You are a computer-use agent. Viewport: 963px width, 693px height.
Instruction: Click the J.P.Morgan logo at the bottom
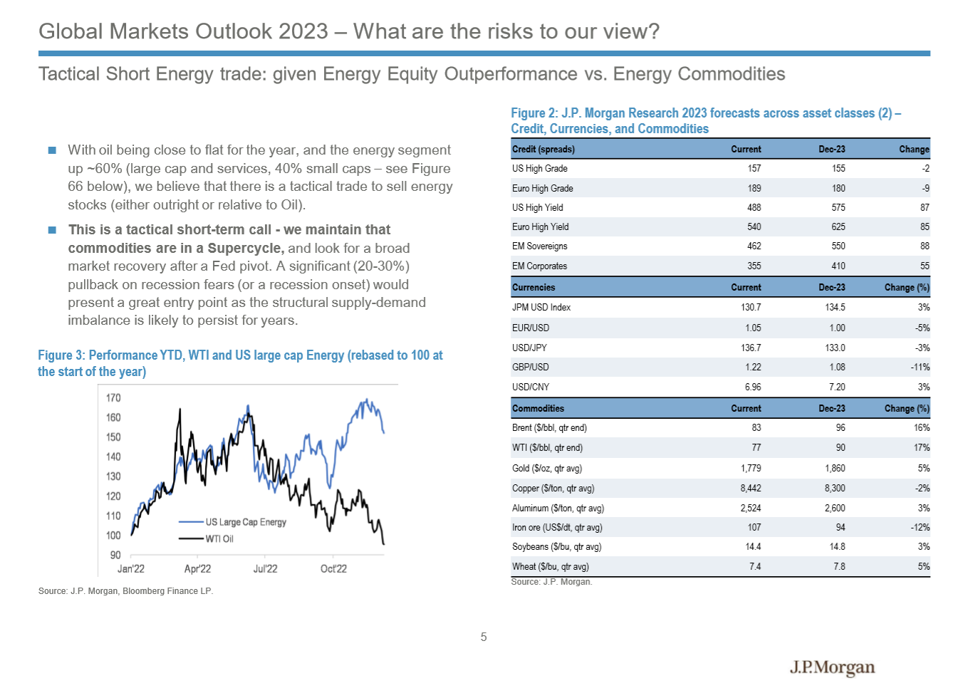click(x=832, y=667)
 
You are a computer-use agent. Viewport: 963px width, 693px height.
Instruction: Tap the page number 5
click(x=484, y=637)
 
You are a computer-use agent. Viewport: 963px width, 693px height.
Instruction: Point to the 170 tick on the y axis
click(x=113, y=397)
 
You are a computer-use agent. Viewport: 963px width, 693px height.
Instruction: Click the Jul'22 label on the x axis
click(x=265, y=568)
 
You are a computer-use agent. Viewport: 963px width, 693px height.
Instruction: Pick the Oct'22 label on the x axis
click(x=333, y=568)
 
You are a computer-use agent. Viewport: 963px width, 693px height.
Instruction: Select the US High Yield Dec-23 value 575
click(x=838, y=207)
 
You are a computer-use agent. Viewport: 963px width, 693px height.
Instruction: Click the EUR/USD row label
click(x=531, y=328)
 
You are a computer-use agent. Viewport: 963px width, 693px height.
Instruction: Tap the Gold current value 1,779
click(x=751, y=468)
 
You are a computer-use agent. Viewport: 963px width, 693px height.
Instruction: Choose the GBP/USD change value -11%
click(x=920, y=367)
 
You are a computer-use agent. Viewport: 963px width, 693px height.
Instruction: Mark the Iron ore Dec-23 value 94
click(x=840, y=527)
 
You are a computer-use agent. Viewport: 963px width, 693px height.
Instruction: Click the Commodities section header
click(x=538, y=408)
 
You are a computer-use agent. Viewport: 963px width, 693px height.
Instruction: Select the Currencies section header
click(x=533, y=287)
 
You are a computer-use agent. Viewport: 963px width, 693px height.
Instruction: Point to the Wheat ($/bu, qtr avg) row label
click(x=551, y=566)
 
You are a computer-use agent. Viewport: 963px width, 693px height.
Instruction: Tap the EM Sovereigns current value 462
click(x=754, y=246)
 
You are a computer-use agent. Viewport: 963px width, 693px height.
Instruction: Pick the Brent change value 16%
click(x=922, y=427)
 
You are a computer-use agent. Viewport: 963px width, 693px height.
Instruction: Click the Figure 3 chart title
click(x=240, y=363)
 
